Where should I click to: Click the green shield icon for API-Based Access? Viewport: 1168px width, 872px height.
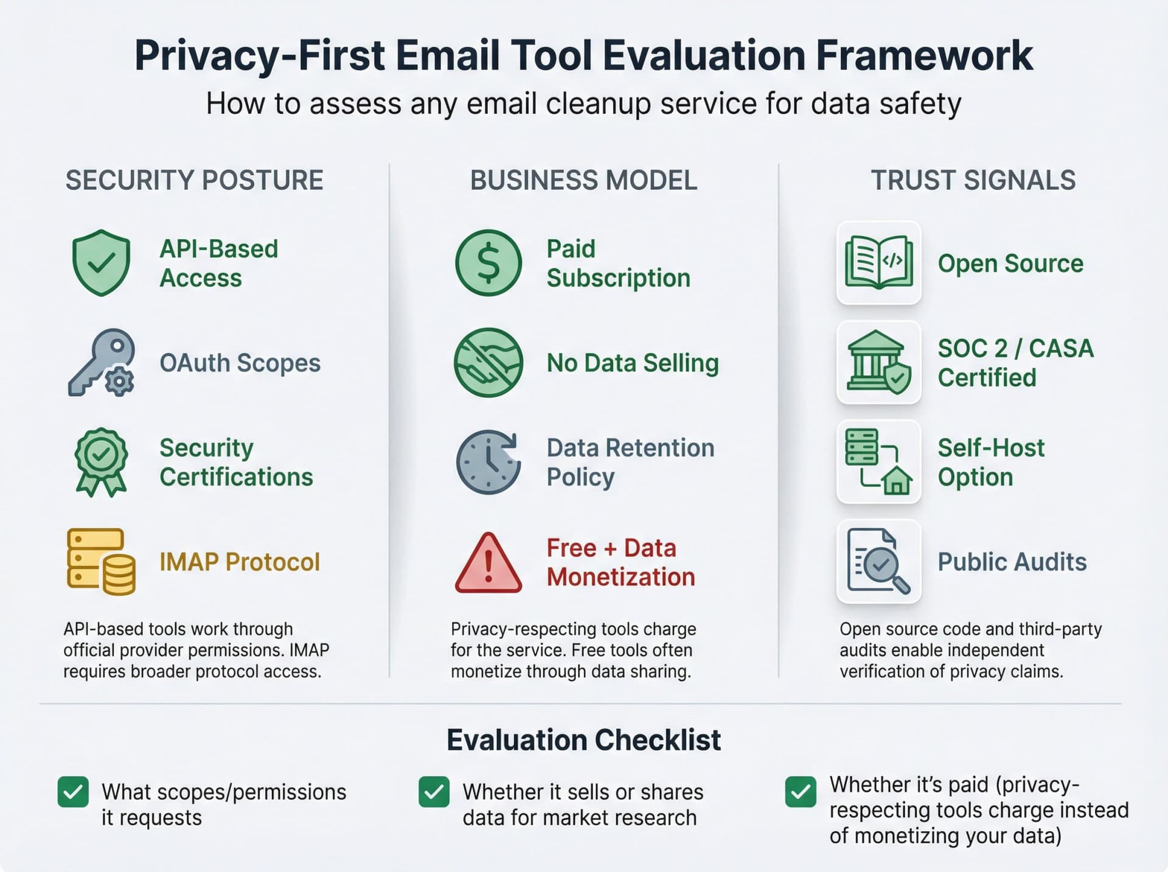[101, 263]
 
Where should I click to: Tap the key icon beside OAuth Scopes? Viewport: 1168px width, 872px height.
[101, 363]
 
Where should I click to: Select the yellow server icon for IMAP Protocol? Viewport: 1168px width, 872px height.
[101, 562]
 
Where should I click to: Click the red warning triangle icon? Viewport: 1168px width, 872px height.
[488, 563]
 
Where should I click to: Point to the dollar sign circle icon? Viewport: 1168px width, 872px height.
[488, 263]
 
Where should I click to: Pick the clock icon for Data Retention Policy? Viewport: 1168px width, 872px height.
[488, 462]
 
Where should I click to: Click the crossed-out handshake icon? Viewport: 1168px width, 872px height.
[488, 363]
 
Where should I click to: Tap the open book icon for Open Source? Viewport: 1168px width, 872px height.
[878, 263]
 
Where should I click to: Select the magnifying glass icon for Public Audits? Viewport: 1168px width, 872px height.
[878, 562]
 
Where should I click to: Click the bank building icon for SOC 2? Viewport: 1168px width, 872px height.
[878, 363]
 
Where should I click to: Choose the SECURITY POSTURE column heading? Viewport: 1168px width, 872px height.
[194, 181]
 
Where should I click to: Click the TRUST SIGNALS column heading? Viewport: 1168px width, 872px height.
[973, 181]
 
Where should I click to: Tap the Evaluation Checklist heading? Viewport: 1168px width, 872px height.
[583, 740]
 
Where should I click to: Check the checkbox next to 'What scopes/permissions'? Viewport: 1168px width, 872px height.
[73, 792]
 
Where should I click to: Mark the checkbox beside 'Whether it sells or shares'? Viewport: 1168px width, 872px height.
[434, 792]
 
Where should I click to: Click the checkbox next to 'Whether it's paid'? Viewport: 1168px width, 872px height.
[800, 792]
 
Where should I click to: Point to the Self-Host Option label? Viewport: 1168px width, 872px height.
[990, 462]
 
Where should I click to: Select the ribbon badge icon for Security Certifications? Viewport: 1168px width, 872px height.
[101, 462]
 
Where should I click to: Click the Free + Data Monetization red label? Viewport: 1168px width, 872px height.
[620, 562]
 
